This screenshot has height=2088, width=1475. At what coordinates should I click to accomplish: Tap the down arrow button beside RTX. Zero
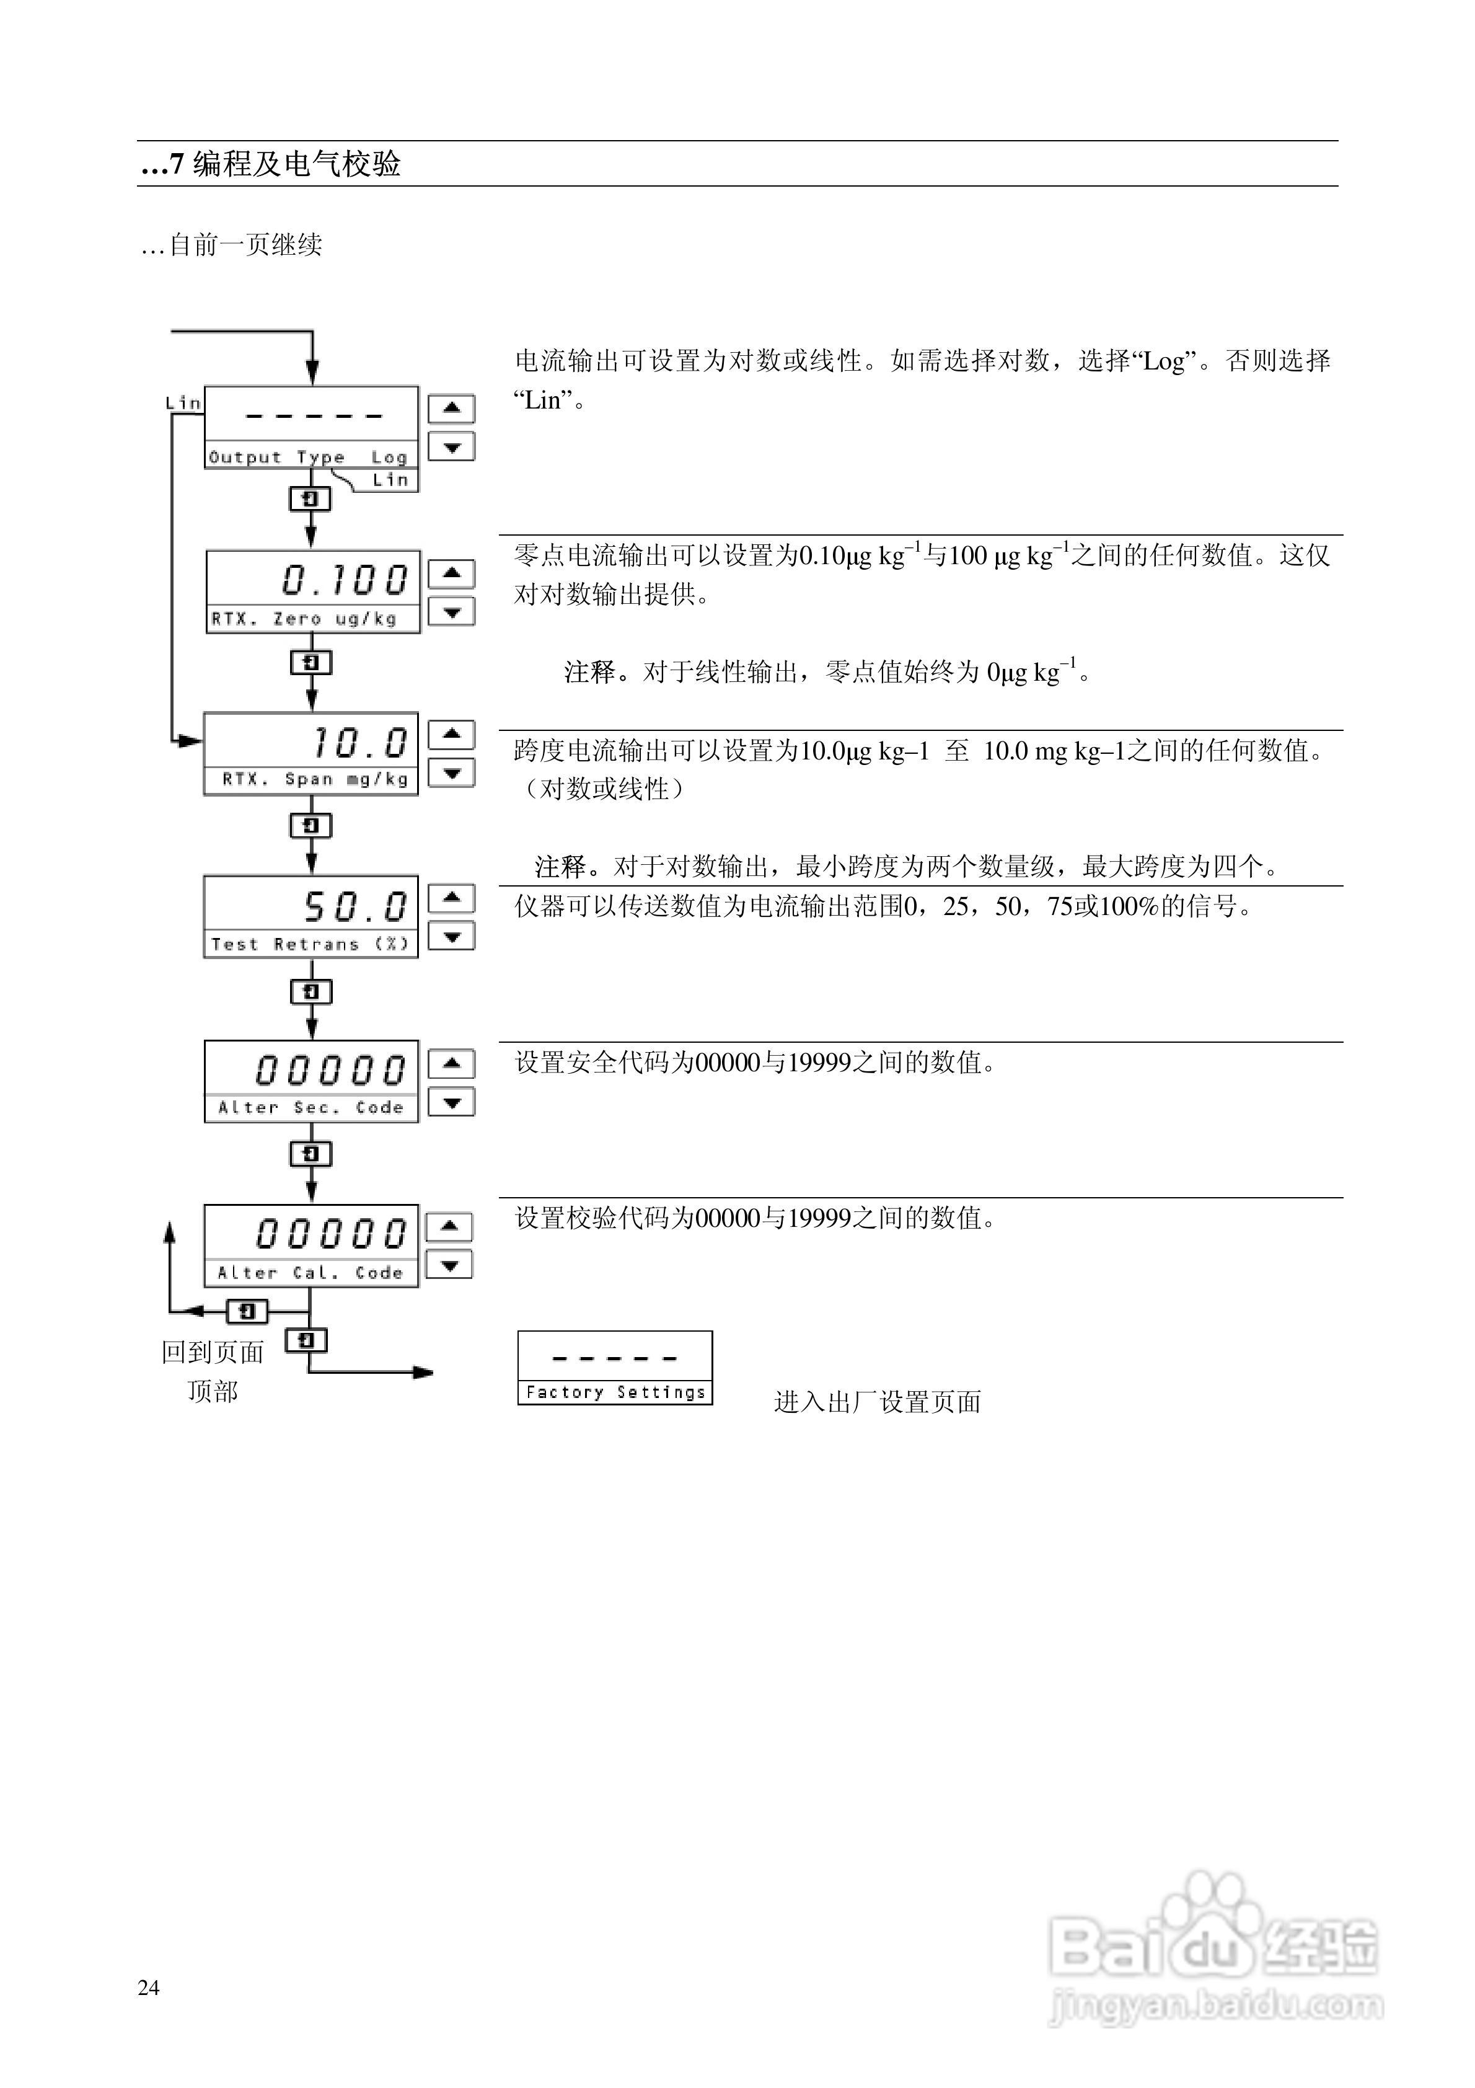pos(451,611)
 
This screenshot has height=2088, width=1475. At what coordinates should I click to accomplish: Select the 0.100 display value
pos(345,579)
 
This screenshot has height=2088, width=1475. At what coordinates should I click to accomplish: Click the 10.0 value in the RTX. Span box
pos(359,742)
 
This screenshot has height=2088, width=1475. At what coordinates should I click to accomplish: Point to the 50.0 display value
pos(354,906)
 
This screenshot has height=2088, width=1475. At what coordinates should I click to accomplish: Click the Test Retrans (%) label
pos(310,944)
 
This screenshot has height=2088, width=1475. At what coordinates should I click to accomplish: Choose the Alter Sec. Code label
pos(310,1107)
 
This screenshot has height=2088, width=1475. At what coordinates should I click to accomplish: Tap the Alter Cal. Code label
pos(310,1272)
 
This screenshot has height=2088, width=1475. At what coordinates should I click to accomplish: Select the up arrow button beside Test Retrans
pos(451,898)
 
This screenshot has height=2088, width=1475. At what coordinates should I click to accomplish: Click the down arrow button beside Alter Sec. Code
pos(451,1102)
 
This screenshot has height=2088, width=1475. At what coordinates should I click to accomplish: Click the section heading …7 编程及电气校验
pos(271,164)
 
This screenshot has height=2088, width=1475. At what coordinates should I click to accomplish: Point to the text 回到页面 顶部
pos(213,1371)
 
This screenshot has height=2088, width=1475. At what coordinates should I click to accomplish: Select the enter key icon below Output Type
pos(310,498)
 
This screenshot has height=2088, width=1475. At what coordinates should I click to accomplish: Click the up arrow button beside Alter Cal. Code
pos(449,1226)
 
